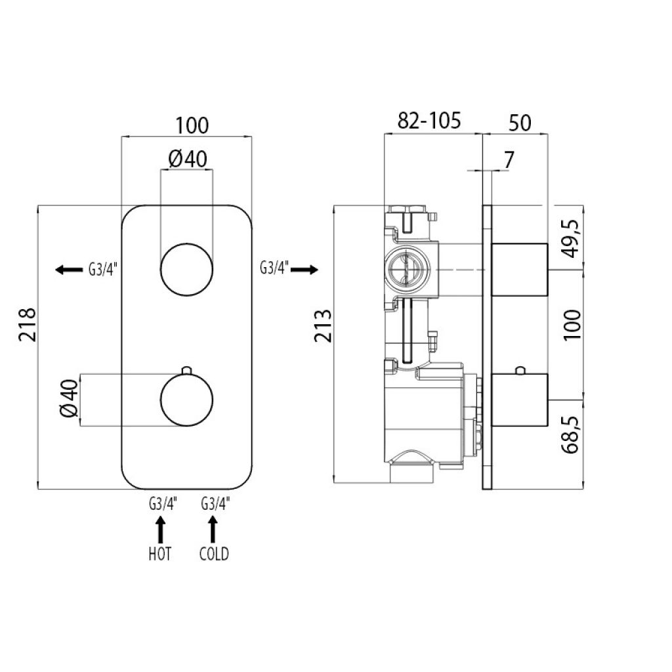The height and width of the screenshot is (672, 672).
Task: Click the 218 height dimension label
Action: pyautogui.click(x=28, y=324)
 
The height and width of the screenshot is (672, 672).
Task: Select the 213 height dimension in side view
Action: pyautogui.click(x=324, y=325)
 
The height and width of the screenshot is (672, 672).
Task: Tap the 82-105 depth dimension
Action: pyautogui.click(x=429, y=121)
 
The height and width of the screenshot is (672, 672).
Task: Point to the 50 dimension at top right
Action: pyautogui.click(x=520, y=123)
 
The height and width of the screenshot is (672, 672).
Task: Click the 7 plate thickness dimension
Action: pyautogui.click(x=509, y=160)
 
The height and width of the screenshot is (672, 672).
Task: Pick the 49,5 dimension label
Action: pyautogui.click(x=571, y=238)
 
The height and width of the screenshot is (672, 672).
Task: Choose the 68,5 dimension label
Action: pyautogui.click(x=571, y=434)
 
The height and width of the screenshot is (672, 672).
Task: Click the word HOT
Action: pyautogui.click(x=160, y=554)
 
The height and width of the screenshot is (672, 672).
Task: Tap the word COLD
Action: pyautogui.click(x=214, y=554)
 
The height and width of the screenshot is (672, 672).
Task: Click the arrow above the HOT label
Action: pyautogui.click(x=160, y=530)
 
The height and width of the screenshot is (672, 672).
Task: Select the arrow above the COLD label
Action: pyautogui.click(x=213, y=530)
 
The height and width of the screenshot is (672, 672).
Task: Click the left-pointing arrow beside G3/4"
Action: pyautogui.click(x=69, y=270)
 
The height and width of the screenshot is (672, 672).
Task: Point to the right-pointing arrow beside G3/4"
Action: pyautogui.click(x=304, y=270)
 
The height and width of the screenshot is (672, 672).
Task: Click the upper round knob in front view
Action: pyautogui.click(x=186, y=270)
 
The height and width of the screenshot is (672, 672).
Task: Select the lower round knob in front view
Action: pyautogui.click(x=186, y=400)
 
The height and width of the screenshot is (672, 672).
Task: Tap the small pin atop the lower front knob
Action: pyautogui.click(x=186, y=370)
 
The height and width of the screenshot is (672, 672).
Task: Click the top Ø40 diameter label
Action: pyautogui.click(x=188, y=159)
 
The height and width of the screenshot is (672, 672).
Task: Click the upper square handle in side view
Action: pyautogui.click(x=520, y=270)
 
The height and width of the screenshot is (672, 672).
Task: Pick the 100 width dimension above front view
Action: pyautogui.click(x=192, y=125)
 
